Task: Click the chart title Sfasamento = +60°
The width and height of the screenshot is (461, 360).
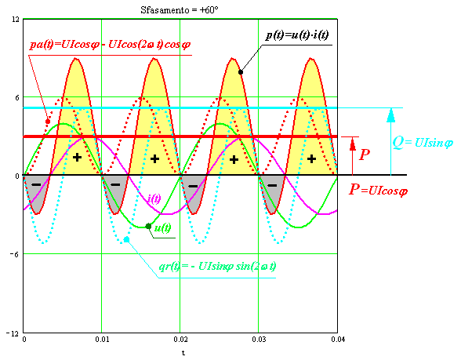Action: click(x=180, y=10)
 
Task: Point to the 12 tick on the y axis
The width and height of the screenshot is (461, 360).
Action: click(x=16, y=20)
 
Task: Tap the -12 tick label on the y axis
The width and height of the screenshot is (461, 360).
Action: click(x=13, y=333)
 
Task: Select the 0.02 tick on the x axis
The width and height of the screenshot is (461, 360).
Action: click(x=180, y=340)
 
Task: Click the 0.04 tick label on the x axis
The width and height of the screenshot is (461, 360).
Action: click(x=338, y=340)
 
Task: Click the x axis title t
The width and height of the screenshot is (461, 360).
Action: click(x=183, y=353)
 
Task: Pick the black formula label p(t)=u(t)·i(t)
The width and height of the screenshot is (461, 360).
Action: click(x=297, y=35)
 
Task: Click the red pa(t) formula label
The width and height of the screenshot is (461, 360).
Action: click(x=110, y=45)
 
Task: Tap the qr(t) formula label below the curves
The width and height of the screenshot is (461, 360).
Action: click(x=218, y=267)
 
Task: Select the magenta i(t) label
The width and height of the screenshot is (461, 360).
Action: click(x=154, y=199)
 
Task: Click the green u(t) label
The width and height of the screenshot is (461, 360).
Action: click(x=162, y=227)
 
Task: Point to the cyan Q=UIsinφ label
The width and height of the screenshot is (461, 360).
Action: click(x=423, y=143)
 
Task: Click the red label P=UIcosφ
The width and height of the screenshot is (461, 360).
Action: click(x=378, y=190)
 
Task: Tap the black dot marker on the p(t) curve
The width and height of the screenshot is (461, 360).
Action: click(x=241, y=72)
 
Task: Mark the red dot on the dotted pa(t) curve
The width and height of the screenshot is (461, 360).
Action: click(x=48, y=122)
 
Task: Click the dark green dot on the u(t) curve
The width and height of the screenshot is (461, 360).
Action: click(x=148, y=226)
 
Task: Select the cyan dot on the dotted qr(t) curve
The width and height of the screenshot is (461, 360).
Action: click(x=126, y=239)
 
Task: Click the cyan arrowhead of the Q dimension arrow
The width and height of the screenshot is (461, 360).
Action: click(x=390, y=115)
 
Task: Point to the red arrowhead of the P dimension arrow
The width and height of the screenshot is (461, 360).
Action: click(x=353, y=144)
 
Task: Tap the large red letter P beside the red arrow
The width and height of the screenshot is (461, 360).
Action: click(x=365, y=155)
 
